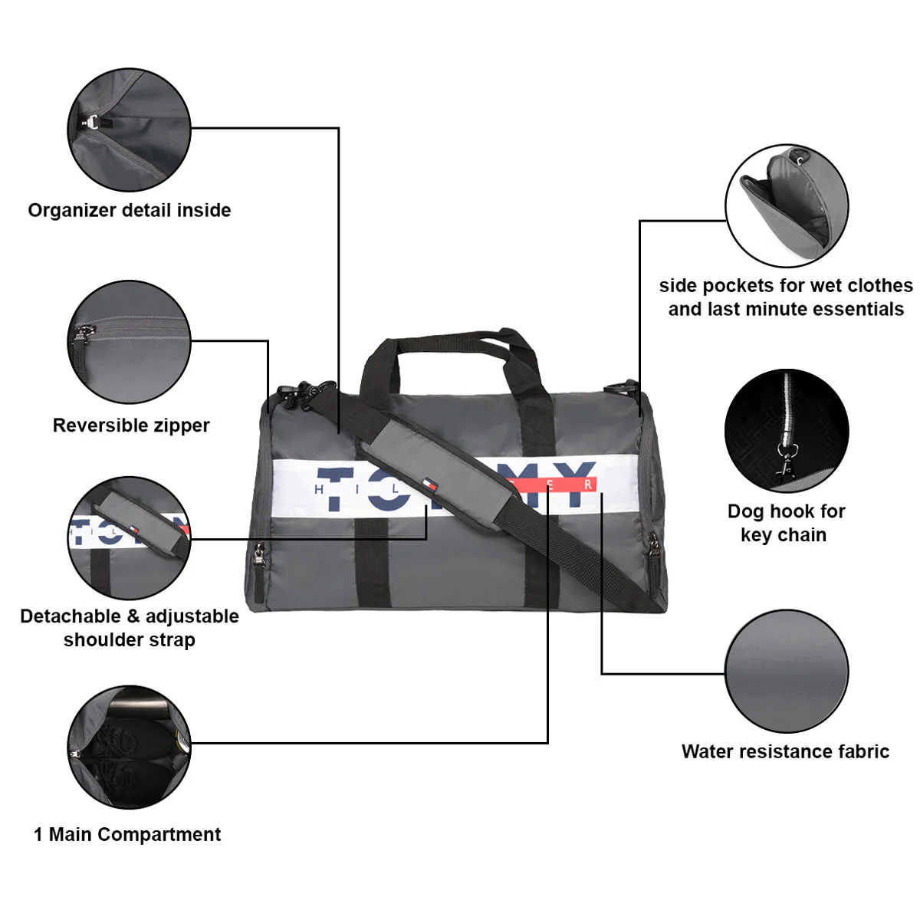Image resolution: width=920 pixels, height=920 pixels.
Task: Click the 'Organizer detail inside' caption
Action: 130,210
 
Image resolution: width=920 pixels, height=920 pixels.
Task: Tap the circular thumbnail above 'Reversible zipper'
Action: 129,342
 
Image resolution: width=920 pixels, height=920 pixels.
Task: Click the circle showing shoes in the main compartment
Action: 129,747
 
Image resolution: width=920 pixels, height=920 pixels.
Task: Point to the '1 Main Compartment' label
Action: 127,834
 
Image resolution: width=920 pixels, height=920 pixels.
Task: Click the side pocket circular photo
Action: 787,205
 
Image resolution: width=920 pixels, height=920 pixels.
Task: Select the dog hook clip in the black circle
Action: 785,460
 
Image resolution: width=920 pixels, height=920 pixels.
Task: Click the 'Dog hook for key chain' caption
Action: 785,523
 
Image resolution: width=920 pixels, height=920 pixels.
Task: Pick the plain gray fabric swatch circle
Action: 787,672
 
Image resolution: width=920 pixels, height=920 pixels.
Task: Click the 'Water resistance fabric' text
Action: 785,751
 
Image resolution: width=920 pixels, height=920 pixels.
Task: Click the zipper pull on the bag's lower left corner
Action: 259,557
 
